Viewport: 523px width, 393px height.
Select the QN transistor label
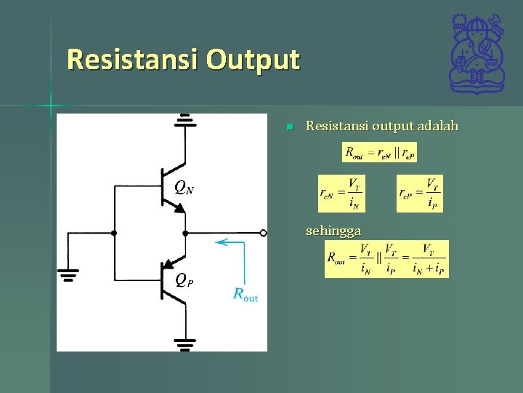(x=184, y=188)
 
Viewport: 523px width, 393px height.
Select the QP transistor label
(x=184, y=279)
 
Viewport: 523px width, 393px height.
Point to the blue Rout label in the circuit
(x=246, y=294)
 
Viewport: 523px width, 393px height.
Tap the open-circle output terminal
(x=264, y=233)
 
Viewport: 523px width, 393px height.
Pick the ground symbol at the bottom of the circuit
(x=185, y=341)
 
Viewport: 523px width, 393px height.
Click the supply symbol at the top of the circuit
(x=185, y=120)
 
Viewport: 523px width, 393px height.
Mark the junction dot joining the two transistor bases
(x=114, y=233)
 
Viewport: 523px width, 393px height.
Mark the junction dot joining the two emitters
(x=185, y=233)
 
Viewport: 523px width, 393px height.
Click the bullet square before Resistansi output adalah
(x=288, y=127)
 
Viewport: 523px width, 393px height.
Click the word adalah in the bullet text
(x=438, y=127)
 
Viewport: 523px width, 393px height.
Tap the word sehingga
(x=333, y=231)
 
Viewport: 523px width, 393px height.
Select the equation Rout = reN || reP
(x=379, y=152)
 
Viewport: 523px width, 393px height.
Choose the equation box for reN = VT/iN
(x=341, y=194)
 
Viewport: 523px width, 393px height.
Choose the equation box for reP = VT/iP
(x=419, y=194)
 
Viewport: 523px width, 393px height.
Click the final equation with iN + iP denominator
(x=386, y=259)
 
